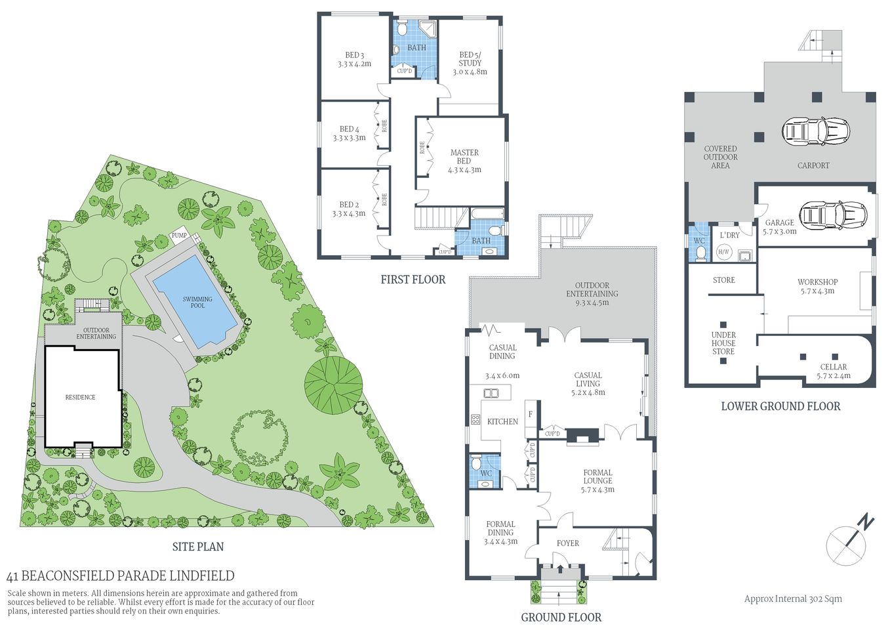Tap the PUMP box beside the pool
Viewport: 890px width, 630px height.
[x=179, y=235]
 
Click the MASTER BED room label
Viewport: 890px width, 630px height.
[x=464, y=161]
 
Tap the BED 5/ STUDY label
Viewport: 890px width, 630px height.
[x=470, y=64]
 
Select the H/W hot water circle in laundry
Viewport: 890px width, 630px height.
[x=724, y=252]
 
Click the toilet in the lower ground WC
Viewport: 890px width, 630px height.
[x=700, y=253]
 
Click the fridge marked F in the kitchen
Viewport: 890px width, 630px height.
[x=530, y=415]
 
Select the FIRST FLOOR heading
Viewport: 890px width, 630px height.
[x=413, y=280]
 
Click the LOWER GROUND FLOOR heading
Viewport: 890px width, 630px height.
[x=780, y=406]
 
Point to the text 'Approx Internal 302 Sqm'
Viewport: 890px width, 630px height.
[x=793, y=598]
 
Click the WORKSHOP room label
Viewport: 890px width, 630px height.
[x=817, y=286]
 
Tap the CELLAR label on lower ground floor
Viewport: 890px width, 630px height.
[x=833, y=371]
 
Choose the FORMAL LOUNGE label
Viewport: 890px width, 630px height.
[x=597, y=480]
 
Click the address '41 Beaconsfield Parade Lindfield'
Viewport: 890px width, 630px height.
[x=120, y=576]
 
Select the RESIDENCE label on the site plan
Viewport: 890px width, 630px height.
[x=80, y=397]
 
